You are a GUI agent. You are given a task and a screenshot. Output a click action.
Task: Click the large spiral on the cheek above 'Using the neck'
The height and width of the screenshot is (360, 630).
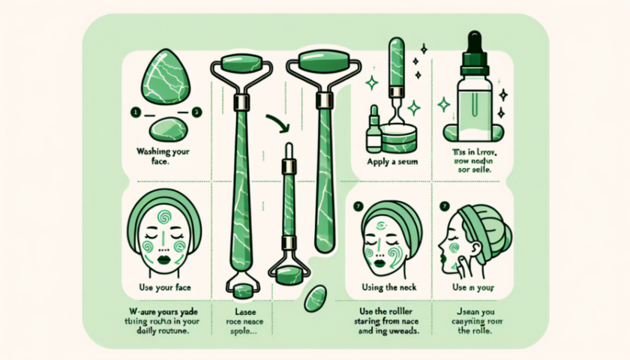[400, 245]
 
